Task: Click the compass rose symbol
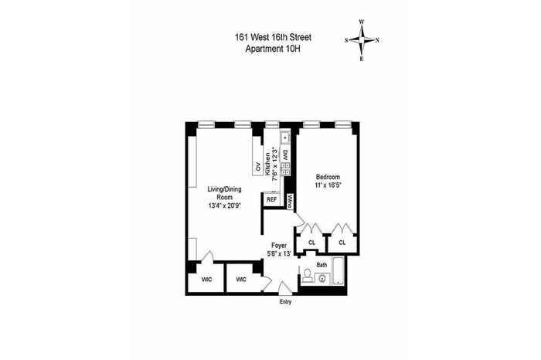click(x=362, y=40)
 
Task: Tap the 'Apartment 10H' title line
click(x=273, y=49)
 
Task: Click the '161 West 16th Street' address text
click(x=273, y=37)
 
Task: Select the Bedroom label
click(x=328, y=177)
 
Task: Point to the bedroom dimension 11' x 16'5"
click(x=328, y=185)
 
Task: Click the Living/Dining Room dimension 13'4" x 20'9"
click(x=224, y=205)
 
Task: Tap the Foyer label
click(x=279, y=246)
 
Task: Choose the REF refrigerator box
click(x=272, y=199)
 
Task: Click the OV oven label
click(x=258, y=167)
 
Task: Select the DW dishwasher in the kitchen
click(x=286, y=155)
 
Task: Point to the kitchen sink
click(x=285, y=138)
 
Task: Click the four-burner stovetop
click(x=286, y=169)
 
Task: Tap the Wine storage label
click(x=290, y=202)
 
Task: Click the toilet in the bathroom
click(x=307, y=275)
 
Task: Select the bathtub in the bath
click(x=339, y=270)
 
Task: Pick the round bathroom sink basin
click(x=322, y=278)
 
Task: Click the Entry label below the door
click(x=285, y=302)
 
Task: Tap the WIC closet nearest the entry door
click(x=241, y=280)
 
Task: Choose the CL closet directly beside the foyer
click(x=312, y=243)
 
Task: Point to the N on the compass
click(x=377, y=40)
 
